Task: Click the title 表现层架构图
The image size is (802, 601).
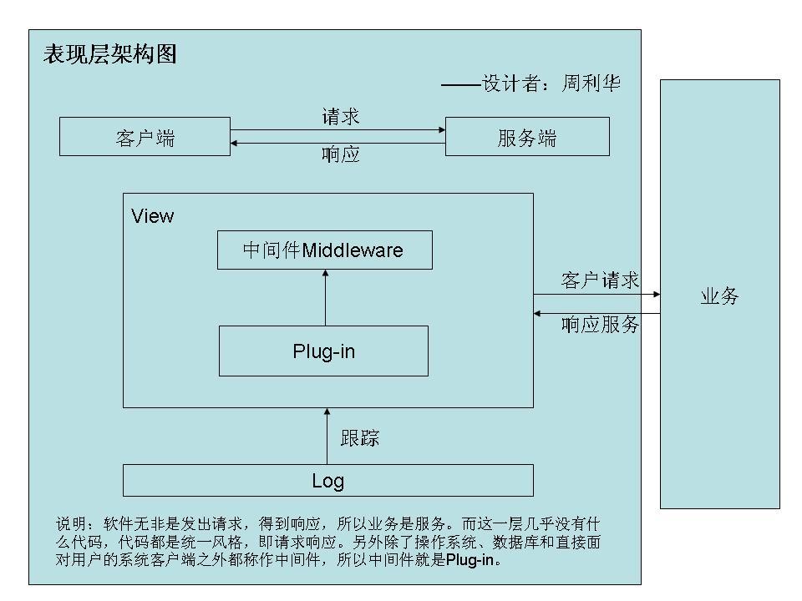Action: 109,56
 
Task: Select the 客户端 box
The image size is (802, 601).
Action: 145,137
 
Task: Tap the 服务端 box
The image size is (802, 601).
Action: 526,137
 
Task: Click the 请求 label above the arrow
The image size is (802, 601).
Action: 340,117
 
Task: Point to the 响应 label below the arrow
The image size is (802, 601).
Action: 340,154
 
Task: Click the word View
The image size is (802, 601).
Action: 153,217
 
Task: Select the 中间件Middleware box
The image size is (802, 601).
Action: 324,250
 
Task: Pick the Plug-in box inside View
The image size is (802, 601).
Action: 323,351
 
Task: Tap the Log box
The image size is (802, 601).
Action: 327,481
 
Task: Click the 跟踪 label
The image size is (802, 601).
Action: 360,437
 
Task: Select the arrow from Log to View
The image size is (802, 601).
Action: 327,436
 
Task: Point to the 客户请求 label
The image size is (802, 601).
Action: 600,281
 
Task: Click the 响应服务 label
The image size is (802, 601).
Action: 600,325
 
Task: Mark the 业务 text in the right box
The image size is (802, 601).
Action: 719,296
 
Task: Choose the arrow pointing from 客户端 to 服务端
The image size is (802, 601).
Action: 338,129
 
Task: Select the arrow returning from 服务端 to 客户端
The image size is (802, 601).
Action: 338,143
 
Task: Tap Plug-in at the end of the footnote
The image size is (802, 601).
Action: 470,561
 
